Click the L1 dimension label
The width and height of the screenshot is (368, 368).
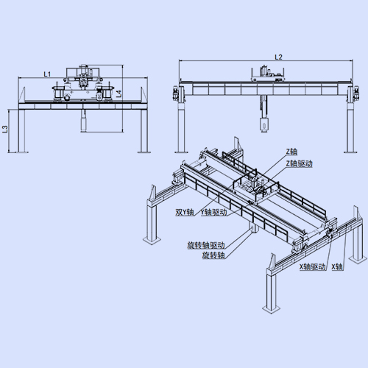coord(47,74)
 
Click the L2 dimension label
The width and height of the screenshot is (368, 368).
coord(278,57)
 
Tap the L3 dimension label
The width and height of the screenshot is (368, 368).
coord(5,129)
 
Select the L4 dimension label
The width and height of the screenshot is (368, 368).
coord(118,94)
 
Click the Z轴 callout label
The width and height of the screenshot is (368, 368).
coord(291,152)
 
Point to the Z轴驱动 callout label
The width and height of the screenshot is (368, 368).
coord(299,163)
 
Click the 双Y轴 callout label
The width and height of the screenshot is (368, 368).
coord(185,212)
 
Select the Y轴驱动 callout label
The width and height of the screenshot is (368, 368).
coord(213,212)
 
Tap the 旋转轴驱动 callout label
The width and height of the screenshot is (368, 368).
coord(206,245)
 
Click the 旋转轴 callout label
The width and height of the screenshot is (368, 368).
coord(213,255)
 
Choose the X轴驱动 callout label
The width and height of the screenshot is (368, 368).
coord(312,267)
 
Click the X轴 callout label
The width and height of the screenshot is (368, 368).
coord(337,267)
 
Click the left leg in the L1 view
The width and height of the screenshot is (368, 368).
coord(21,131)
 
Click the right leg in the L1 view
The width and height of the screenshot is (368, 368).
coord(144,131)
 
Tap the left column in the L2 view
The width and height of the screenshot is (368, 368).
coord(180,127)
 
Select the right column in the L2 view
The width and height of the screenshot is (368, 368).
coord(350,127)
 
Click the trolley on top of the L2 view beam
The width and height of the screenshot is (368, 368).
coord(267,74)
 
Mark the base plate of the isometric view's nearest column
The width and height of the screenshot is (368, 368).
coord(272,308)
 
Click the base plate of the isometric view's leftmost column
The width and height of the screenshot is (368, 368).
coord(152,240)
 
